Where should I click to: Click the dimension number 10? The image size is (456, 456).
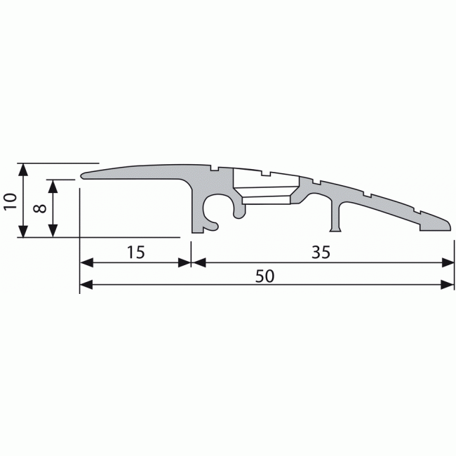(10, 201)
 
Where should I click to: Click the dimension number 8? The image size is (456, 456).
(39, 208)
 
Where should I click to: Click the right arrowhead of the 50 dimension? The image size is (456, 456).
(449, 284)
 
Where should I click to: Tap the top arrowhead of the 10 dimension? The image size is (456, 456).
(24, 168)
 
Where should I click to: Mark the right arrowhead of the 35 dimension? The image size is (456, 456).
(449, 262)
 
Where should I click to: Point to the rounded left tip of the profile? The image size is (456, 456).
(83, 175)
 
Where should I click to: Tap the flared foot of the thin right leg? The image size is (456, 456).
(335, 228)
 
